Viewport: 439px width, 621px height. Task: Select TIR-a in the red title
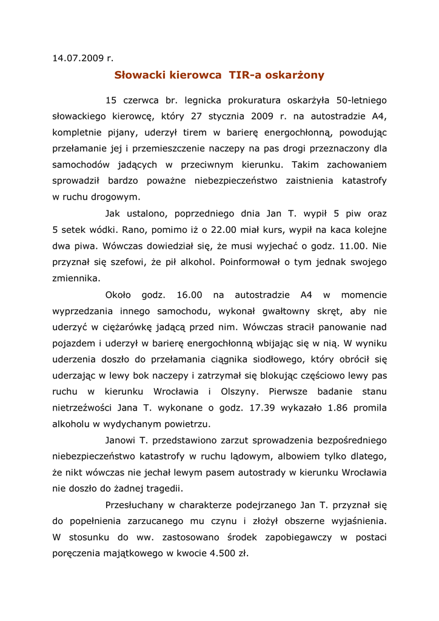click(244, 75)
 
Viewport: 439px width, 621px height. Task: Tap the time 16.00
click(189, 295)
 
